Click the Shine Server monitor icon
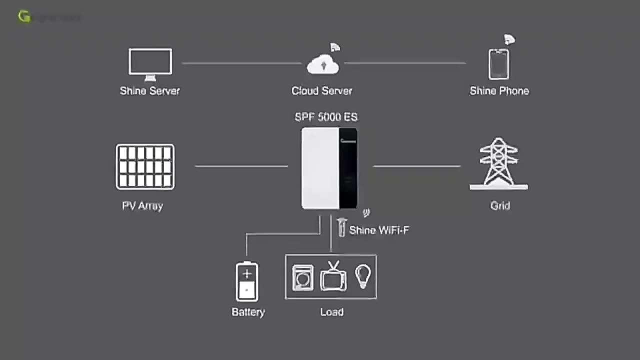tap(150, 63)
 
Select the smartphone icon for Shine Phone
tap(498, 64)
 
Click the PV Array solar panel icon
tap(145, 167)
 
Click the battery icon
tap(247, 281)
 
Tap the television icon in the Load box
tap(333, 277)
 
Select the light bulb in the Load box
tap(363, 276)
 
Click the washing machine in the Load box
tap(302, 278)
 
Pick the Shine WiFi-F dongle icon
tap(341, 227)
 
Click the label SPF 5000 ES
tap(326, 117)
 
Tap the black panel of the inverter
tap(348, 168)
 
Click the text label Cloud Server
tap(322, 91)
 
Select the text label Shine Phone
tap(499, 91)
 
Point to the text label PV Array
tap(142, 206)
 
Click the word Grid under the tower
tap(500, 206)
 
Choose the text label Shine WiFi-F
tap(379, 230)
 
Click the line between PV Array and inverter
tap(241, 166)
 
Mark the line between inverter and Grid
tap(416, 166)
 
